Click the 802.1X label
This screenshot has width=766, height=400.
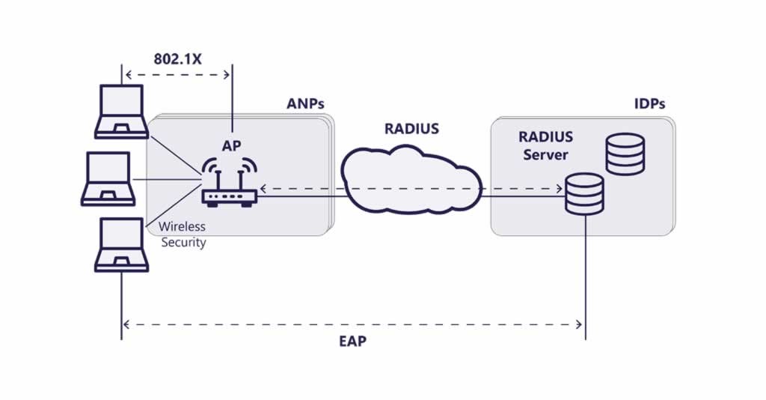tap(177, 59)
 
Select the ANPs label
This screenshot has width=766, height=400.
tap(306, 103)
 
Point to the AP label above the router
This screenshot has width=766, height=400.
tap(230, 145)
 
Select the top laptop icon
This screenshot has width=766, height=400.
tap(120, 112)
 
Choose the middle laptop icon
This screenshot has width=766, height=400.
tap(109, 179)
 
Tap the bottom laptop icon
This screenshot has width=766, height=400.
tap(120, 246)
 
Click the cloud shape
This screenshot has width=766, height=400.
tap(411, 180)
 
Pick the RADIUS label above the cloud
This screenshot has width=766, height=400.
tap(411, 129)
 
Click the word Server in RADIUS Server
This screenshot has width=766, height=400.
tap(545, 155)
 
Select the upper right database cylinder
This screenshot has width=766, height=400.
tap(625, 154)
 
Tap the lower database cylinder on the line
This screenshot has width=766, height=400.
tap(584, 194)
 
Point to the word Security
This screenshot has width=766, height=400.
tap(183, 243)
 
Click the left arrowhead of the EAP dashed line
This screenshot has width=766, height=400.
tap(126, 324)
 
